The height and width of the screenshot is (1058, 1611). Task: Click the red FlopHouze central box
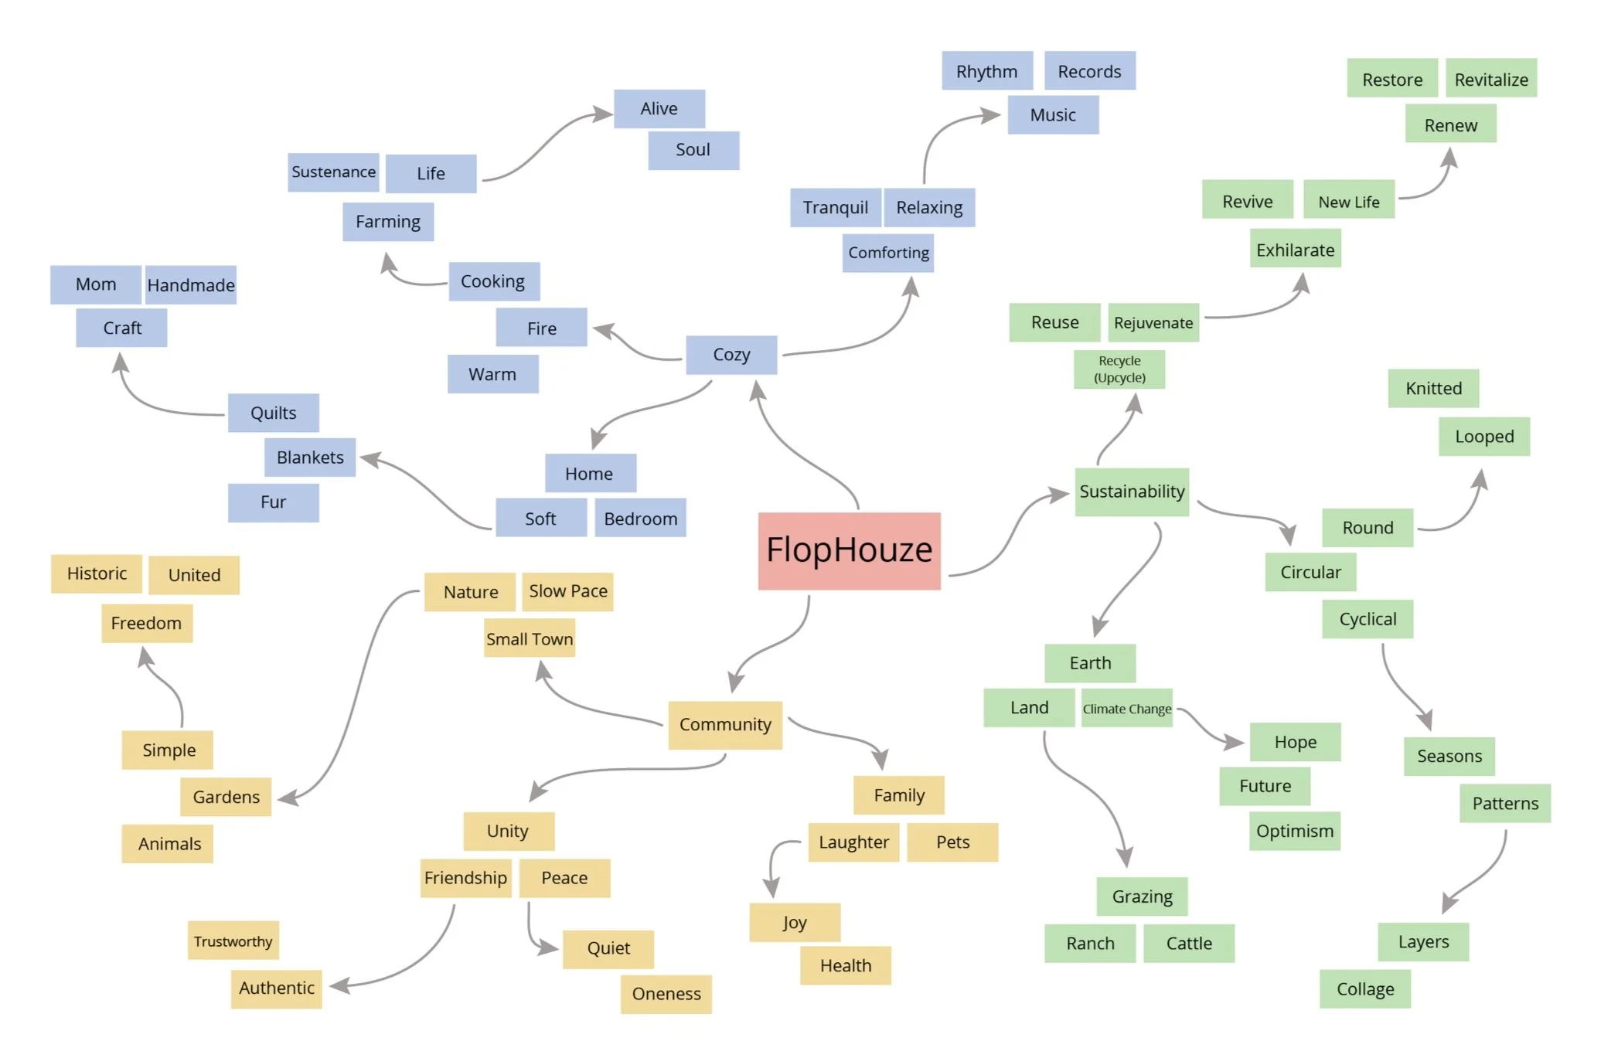(x=849, y=550)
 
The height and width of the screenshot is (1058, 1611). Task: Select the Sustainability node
(x=1132, y=492)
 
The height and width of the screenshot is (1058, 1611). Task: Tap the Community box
(x=725, y=725)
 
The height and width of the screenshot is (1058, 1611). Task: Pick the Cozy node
(x=731, y=355)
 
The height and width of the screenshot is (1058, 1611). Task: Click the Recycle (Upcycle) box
(x=1119, y=369)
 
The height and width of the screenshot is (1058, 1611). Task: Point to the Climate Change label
(x=1126, y=709)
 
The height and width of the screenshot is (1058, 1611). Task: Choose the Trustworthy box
(x=233, y=941)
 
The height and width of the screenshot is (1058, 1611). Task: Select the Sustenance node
(x=333, y=172)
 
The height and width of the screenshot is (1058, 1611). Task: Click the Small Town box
(x=530, y=639)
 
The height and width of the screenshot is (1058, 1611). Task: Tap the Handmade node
(x=191, y=285)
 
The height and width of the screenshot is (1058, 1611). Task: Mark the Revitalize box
(x=1491, y=80)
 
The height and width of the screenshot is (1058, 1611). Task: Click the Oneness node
(x=666, y=994)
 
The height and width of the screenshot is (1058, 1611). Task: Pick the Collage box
(x=1365, y=989)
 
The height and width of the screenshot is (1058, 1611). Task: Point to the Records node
(x=1089, y=72)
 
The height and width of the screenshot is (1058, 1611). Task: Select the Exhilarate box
(x=1296, y=250)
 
